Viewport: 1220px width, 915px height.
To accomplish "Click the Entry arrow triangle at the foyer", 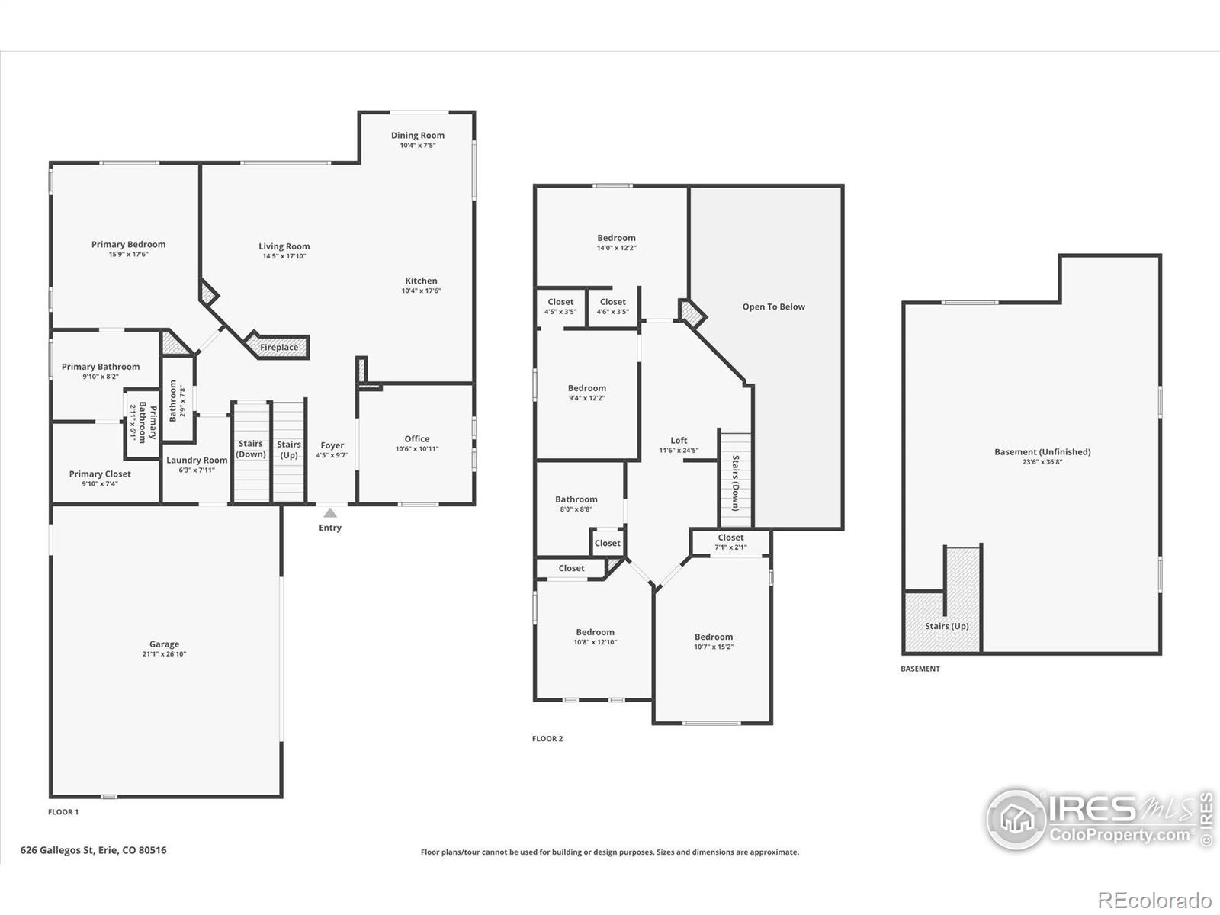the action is pyautogui.click(x=330, y=512).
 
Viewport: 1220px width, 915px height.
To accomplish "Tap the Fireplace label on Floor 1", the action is pyautogui.click(x=279, y=348).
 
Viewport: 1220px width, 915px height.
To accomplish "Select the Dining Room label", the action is pyautogui.click(x=417, y=136).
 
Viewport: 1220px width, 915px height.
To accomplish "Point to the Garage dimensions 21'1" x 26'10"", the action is pyautogui.click(x=164, y=654).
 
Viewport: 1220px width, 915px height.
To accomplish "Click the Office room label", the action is pyautogui.click(x=417, y=439).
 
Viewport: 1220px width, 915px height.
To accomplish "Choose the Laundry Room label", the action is pyautogui.click(x=197, y=460).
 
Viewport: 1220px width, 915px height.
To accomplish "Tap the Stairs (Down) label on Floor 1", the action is pyautogui.click(x=251, y=449).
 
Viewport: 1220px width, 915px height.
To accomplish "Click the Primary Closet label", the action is pyautogui.click(x=100, y=474).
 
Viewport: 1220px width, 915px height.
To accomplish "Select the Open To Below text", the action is pyautogui.click(x=774, y=307).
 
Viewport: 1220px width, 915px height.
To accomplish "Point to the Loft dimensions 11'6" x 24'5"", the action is pyautogui.click(x=679, y=451).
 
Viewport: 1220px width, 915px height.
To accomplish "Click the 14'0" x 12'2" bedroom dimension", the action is pyautogui.click(x=616, y=248).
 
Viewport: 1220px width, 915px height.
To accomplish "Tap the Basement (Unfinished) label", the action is pyautogui.click(x=1042, y=452).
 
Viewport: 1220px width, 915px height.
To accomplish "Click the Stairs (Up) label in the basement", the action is pyautogui.click(x=946, y=626).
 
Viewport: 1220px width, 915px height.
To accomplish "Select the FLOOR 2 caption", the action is pyautogui.click(x=547, y=738).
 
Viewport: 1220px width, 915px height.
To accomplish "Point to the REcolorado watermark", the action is pyautogui.click(x=1154, y=901).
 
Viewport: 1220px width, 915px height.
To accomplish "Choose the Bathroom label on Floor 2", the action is pyautogui.click(x=576, y=499).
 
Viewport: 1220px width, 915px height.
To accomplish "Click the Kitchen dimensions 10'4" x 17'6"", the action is pyautogui.click(x=422, y=291).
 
